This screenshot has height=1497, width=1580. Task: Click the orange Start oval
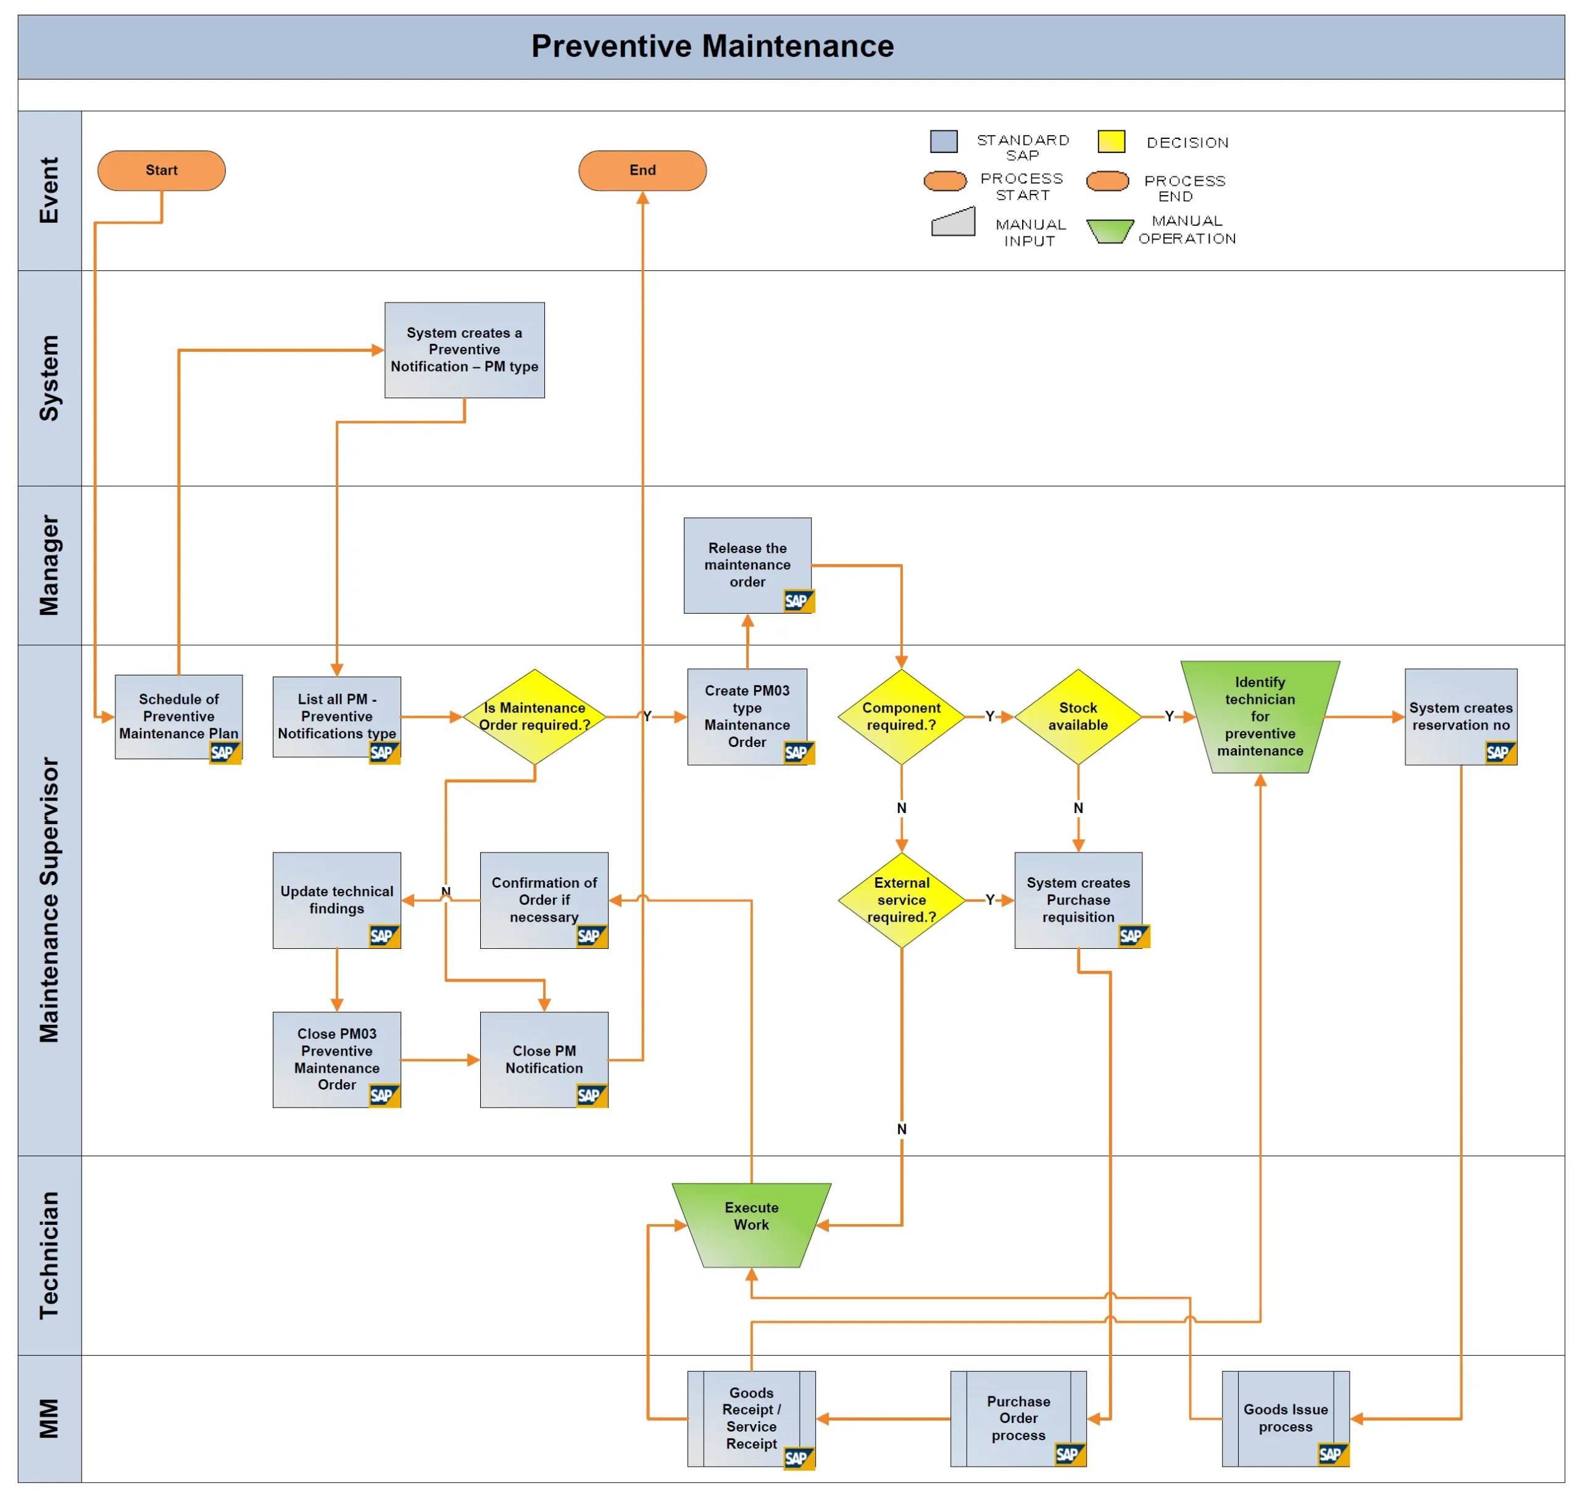(x=161, y=170)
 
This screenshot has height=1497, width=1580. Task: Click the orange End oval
(x=642, y=170)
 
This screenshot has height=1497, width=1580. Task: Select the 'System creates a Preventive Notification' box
(x=464, y=349)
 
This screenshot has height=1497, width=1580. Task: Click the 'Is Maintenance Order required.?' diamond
(x=534, y=716)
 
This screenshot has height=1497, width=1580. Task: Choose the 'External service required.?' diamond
(x=901, y=899)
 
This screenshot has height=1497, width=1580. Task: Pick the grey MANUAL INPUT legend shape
(x=953, y=223)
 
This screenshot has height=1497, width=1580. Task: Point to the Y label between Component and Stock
(x=989, y=716)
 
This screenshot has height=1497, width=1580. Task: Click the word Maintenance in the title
(x=797, y=46)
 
